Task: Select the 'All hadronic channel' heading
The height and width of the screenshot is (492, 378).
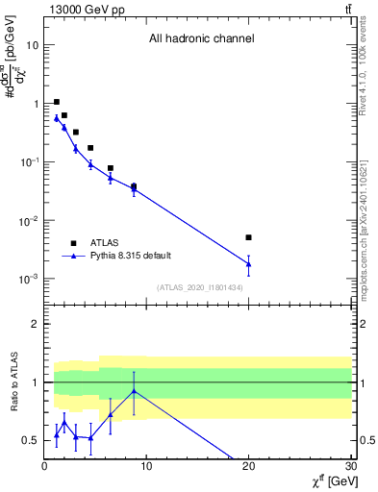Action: (x=201, y=39)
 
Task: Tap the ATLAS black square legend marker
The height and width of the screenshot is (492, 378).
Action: (x=73, y=243)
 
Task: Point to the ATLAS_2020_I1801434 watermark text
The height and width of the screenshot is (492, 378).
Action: (x=200, y=287)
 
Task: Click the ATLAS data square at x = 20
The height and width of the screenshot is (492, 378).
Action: (x=248, y=237)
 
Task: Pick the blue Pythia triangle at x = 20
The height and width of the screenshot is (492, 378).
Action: (x=248, y=263)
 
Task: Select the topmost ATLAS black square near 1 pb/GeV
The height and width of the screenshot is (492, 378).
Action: (x=57, y=102)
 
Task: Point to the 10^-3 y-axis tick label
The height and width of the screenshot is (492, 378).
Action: (x=28, y=279)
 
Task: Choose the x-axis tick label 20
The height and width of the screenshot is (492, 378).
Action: (x=248, y=467)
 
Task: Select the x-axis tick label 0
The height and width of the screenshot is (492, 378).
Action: (x=44, y=467)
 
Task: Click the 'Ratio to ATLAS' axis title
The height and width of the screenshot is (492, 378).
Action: (x=14, y=381)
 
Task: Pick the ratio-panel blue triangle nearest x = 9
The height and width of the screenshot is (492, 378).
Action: (x=134, y=391)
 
